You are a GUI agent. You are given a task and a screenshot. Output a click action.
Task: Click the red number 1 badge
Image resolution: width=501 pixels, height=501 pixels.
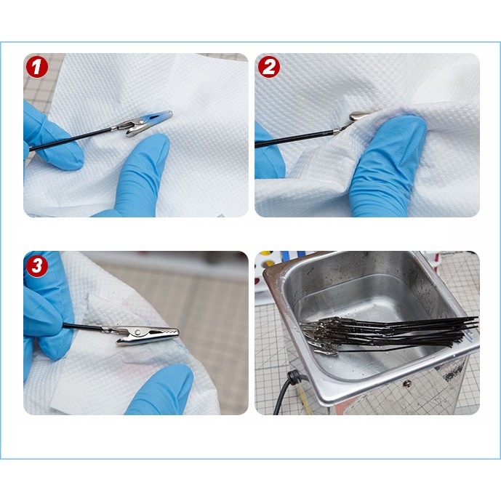click(37, 68)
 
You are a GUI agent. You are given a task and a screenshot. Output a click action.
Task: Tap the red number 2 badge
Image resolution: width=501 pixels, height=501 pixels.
click(269, 68)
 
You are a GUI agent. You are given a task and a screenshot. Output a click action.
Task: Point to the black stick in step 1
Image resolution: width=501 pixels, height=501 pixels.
click(69, 140)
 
